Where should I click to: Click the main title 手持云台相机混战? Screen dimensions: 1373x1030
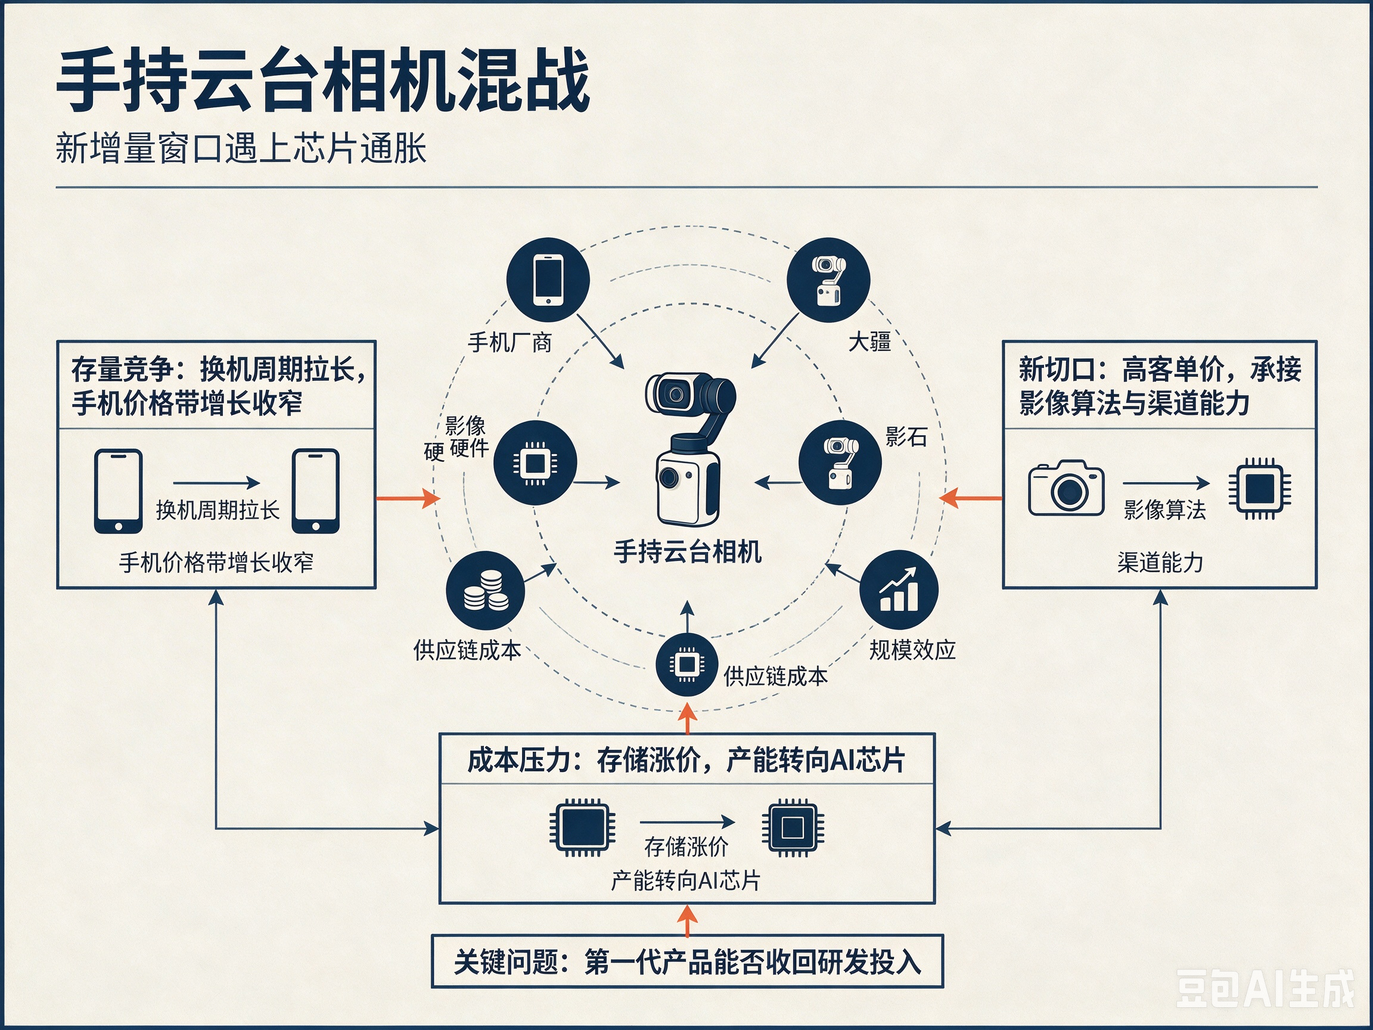point(323,80)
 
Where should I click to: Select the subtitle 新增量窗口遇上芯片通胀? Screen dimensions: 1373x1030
point(241,148)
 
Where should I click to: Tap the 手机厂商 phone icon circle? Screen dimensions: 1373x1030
point(548,280)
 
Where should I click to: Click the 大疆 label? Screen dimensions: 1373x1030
point(869,342)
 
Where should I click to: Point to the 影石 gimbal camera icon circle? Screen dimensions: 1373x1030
point(840,463)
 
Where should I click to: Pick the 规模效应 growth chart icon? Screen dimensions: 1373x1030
point(898,589)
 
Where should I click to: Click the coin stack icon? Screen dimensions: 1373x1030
point(486,591)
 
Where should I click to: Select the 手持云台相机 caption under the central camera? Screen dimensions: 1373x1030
point(688,551)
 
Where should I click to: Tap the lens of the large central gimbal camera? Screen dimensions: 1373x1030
point(675,394)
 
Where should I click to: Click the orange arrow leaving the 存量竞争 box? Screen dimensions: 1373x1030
point(408,498)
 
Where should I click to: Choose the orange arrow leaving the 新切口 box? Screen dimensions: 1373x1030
point(971,498)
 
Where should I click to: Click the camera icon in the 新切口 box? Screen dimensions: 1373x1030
point(1066,488)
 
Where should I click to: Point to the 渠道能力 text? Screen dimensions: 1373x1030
point(1160,563)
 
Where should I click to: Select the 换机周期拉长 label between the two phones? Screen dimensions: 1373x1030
point(218,510)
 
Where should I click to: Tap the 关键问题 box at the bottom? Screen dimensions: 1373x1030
point(687,961)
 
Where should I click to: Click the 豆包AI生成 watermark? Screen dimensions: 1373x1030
point(1265,988)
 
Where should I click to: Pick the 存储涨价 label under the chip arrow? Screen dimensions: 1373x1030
point(686,846)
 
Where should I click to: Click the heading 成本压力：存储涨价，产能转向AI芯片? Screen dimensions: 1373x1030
point(686,760)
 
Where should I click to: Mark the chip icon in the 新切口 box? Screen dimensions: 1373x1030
point(1260,488)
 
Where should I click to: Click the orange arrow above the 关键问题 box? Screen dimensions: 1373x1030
point(687,920)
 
